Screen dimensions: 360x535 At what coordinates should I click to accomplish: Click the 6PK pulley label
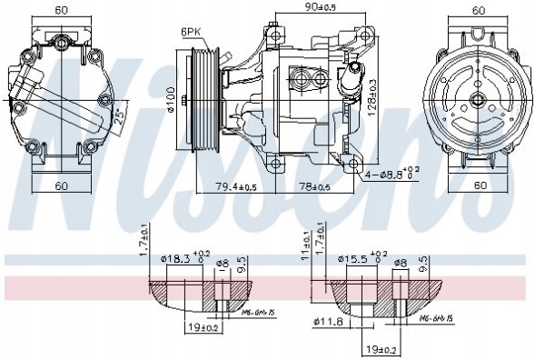(190, 32)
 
